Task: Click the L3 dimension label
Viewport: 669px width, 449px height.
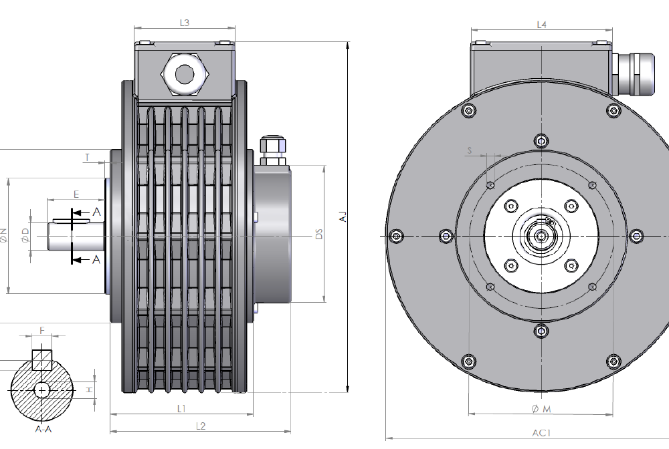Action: tap(185, 23)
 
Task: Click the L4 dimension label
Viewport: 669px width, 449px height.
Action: tap(542, 25)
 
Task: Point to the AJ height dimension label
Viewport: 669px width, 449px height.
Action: tap(343, 216)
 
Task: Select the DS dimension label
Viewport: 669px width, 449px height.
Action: tap(319, 235)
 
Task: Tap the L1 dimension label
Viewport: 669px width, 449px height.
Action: tap(181, 408)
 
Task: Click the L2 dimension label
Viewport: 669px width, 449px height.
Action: tap(200, 426)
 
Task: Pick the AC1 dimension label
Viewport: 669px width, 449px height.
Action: tap(541, 433)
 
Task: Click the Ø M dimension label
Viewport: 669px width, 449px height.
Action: tap(541, 408)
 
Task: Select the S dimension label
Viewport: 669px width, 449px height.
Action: tap(470, 151)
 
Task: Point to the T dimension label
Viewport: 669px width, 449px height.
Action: tap(87, 158)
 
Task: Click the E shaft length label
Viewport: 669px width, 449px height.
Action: tap(76, 194)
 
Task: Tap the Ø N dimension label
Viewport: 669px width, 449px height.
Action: tap(3, 235)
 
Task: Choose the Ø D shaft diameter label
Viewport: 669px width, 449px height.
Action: tap(25, 235)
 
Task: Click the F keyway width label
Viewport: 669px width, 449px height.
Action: tap(42, 331)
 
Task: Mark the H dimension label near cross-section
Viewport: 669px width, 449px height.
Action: tap(88, 389)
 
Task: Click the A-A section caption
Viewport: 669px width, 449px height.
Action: tap(43, 429)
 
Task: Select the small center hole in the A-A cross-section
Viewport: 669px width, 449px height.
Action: tap(43, 389)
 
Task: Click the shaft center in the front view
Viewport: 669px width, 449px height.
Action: tap(541, 236)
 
